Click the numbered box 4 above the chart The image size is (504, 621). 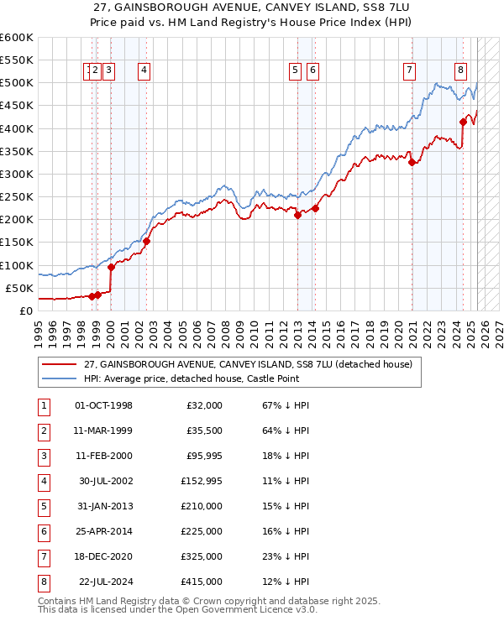click(144, 71)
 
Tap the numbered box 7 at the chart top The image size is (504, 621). click(409, 71)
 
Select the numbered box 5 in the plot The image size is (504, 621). click(296, 71)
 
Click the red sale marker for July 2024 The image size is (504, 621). click(463, 122)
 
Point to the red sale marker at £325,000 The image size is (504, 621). click(412, 163)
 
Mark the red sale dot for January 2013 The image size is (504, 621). click(297, 215)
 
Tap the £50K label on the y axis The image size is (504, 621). click(19, 288)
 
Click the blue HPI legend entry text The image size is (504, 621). click(190, 379)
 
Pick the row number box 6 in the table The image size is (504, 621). click(42, 531)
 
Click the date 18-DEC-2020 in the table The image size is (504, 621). click(104, 556)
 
